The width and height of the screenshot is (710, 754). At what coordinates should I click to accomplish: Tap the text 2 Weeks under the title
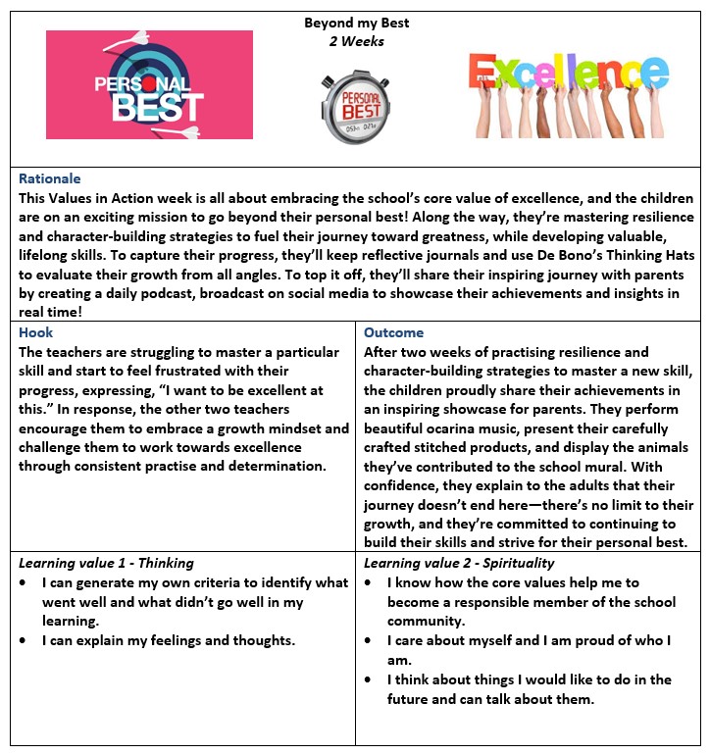(x=357, y=42)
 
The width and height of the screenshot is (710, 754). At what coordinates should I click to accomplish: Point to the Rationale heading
(x=50, y=179)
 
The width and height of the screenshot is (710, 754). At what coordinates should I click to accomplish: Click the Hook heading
(x=36, y=332)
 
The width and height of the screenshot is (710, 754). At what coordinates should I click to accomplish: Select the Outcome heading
(x=394, y=332)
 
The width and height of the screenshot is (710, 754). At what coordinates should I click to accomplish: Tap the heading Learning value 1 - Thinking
(x=107, y=563)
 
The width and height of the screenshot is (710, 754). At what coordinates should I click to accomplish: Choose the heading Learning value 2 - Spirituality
(x=459, y=563)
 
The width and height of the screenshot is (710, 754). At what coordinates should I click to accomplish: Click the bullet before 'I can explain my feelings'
(x=25, y=640)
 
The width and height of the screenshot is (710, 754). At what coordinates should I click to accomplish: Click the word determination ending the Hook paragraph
(x=281, y=466)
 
